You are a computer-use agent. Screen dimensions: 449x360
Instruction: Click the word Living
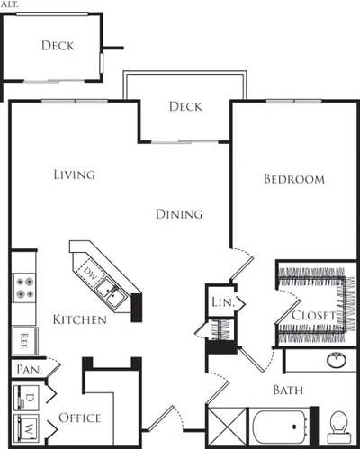tap(74, 175)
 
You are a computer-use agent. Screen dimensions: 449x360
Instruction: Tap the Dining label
tap(178, 214)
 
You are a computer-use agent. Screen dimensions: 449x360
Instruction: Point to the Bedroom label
tap(293, 179)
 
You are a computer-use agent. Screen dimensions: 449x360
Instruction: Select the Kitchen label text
tap(79, 319)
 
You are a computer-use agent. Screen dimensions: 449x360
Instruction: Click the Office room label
tap(79, 418)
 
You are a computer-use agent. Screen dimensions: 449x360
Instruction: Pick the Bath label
tap(288, 391)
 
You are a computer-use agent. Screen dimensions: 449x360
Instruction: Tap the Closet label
tap(313, 316)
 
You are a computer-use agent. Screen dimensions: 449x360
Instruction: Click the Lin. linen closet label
tap(222, 303)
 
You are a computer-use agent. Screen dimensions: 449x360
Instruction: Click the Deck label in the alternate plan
tap(58, 46)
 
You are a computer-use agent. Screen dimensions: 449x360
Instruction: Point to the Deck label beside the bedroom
tap(185, 107)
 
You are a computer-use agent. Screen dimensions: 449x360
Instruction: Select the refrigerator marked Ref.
tap(22, 340)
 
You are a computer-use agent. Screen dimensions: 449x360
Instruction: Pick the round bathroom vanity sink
tap(336, 361)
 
